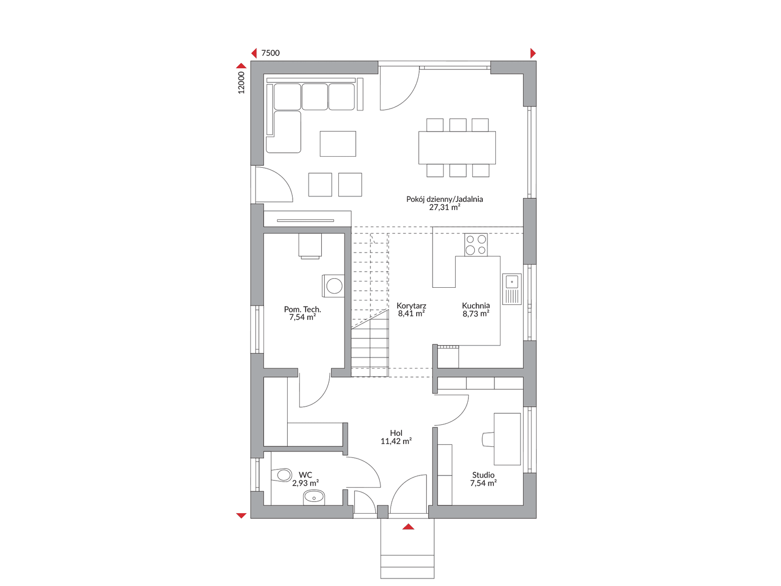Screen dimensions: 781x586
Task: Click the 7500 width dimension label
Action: pyautogui.click(x=271, y=53)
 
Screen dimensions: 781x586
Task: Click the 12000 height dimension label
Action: pyautogui.click(x=241, y=83)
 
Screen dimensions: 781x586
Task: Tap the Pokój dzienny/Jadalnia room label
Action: pyautogui.click(x=444, y=199)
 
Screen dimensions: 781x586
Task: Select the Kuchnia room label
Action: pyautogui.click(x=476, y=305)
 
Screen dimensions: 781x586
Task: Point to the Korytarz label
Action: pyautogui.click(x=411, y=306)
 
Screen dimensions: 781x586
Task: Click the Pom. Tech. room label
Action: pyautogui.click(x=303, y=309)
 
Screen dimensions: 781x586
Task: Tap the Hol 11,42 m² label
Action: pyautogui.click(x=396, y=437)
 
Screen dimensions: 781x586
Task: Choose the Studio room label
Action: pyautogui.click(x=483, y=475)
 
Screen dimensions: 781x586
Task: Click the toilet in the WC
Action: pyautogui.click(x=281, y=475)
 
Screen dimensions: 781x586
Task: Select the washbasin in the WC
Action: pyautogui.click(x=314, y=498)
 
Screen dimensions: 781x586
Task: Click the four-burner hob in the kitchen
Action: pyautogui.click(x=476, y=245)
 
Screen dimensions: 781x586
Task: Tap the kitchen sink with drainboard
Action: pyautogui.click(x=511, y=289)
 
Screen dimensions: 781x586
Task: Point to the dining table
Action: pyautogui.click(x=457, y=148)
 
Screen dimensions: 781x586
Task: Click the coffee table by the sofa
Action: pyautogui.click(x=338, y=144)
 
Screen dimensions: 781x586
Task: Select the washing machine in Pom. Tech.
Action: pyautogui.click(x=333, y=286)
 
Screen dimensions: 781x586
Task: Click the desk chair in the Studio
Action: pyautogui.click(x=488, y=439)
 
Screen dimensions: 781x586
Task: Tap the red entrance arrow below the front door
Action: pyautogui.click(x=408, y=527)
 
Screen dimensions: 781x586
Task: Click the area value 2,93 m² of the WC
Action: pyautogui.click(x=305, y=483)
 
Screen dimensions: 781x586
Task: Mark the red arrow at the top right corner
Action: pyautogui.click(x=533, y=53)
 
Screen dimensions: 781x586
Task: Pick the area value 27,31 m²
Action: pyautogui.click(x=444, y=207)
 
